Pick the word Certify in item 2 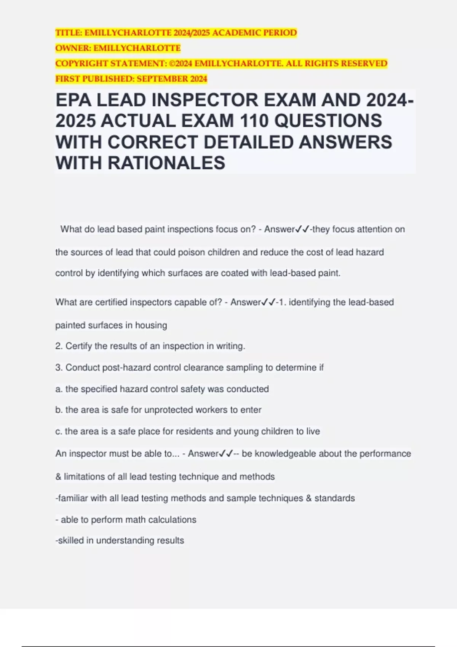point(78,346)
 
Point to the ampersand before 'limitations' point(58,476)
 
